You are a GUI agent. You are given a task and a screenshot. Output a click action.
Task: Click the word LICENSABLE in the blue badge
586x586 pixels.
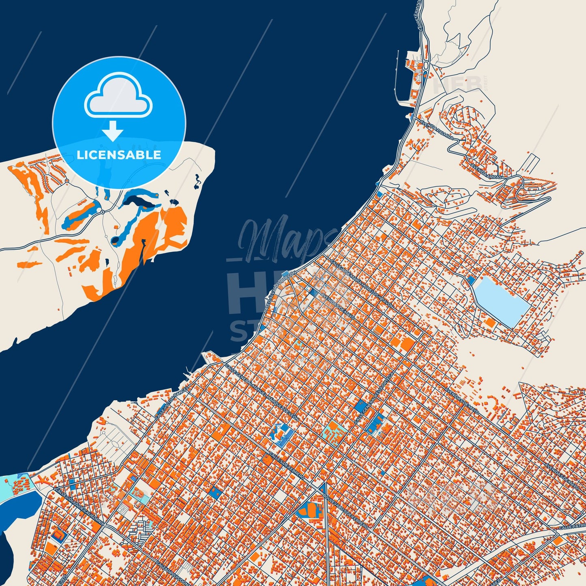[x=119, y=155]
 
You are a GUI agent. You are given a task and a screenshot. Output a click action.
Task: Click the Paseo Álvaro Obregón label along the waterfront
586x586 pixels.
[x=280, y=291]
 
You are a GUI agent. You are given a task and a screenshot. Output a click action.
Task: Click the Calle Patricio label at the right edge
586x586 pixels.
[x=572, y=526]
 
